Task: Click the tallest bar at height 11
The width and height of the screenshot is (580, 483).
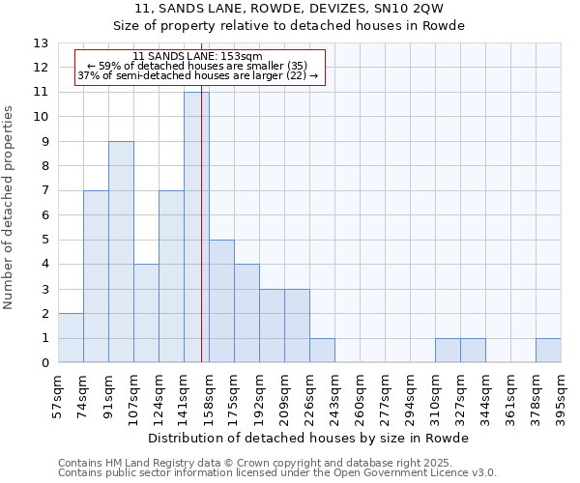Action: (196, 227)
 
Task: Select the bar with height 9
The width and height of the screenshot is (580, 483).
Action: (121, 251)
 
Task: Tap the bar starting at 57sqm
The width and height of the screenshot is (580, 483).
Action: (71, 338)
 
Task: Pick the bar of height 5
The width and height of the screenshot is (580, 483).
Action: (221, 300)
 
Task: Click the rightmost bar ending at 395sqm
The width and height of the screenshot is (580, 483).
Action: (548, 351)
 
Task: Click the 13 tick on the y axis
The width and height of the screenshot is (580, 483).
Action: (41, 43)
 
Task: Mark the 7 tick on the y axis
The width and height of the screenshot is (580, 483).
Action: (43, 190)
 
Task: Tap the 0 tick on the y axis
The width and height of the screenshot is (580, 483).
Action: (43, 363)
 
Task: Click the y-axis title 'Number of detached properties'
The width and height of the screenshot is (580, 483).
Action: (9, 209)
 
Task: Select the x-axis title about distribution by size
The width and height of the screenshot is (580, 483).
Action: (308, 439)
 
